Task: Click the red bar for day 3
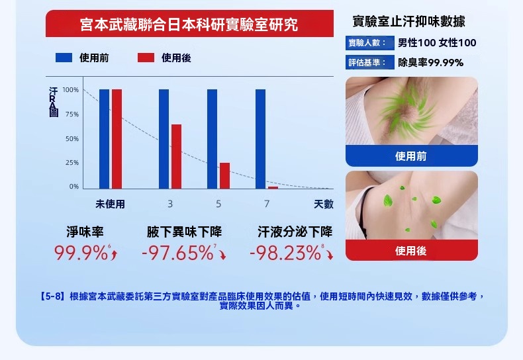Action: tap(176, 156)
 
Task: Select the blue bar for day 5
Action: tap(212, 139)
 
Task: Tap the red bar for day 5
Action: tap(224, 175)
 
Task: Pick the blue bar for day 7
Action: tap(260, 139)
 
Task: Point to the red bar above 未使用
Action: tap(117, 139)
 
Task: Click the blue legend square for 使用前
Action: tap(64, 58)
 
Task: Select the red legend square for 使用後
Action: tap(146, 58)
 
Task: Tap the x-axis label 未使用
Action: tap(110, 204)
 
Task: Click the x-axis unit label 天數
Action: tap(324, 204)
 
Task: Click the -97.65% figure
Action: tap(177, 253)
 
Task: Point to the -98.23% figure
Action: tap(285, 253)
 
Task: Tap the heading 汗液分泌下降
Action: tap(295, 232)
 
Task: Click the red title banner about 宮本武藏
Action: tap(189, 25)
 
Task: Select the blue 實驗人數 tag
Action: tap(367, 44)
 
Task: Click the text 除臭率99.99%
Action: tap(430, 63)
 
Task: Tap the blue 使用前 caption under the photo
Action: tap(411, 156)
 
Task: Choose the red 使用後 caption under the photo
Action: tap(411, 251)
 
